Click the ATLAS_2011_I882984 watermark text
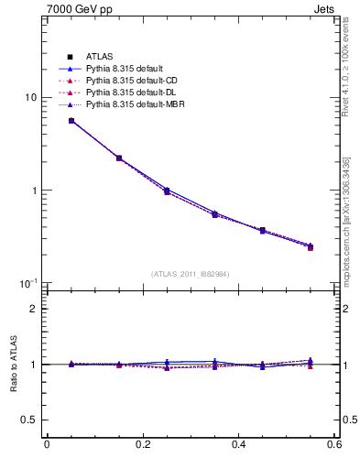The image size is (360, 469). [x=191, y=274]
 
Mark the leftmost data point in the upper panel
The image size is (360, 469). [x=71, y=121]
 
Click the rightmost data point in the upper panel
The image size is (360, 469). [x=311, y=246]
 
